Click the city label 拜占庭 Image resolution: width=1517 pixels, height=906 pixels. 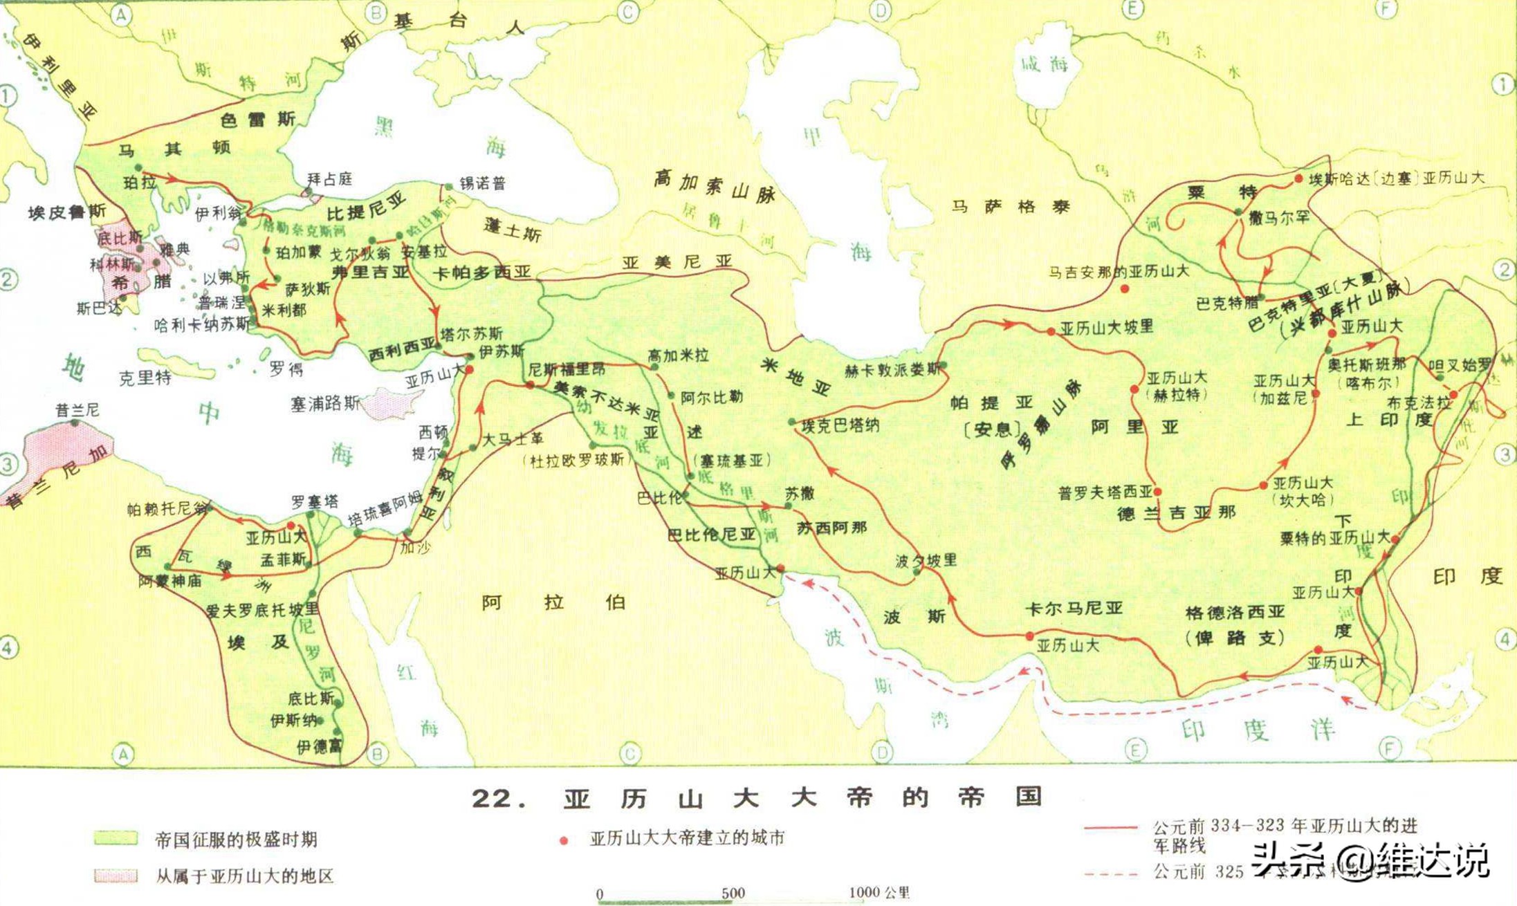pos(329,179)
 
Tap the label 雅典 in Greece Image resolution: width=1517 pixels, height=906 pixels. pos(174,250)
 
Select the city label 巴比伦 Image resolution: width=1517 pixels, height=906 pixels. pos(659,498)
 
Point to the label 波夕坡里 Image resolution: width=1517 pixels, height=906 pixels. pos(926,560)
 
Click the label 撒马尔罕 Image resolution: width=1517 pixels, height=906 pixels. pos(1279,218)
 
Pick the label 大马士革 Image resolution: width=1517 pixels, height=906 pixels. pos(513,438)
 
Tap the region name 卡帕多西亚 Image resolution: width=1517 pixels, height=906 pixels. pos(481,272)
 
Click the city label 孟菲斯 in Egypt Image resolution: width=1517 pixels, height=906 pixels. pos(282,560)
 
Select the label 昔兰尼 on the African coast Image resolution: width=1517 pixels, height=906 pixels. pos(77,410)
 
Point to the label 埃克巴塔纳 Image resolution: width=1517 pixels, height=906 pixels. pos(840,425)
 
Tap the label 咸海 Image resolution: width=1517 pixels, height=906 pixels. pos(1045,64)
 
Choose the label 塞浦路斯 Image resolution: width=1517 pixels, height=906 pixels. pos(325,403)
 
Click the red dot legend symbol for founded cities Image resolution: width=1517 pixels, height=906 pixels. pos(564,840)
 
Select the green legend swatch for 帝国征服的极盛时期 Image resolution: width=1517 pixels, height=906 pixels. pos(116,838)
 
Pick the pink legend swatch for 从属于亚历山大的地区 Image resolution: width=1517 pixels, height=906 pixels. pos(116,876)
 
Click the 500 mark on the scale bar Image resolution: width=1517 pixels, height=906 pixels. pos(733,893)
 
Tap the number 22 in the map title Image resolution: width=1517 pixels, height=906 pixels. pos(493,799)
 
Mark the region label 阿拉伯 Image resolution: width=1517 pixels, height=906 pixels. pos(553,602)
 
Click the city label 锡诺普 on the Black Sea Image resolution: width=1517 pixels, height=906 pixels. pos(482,183)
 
